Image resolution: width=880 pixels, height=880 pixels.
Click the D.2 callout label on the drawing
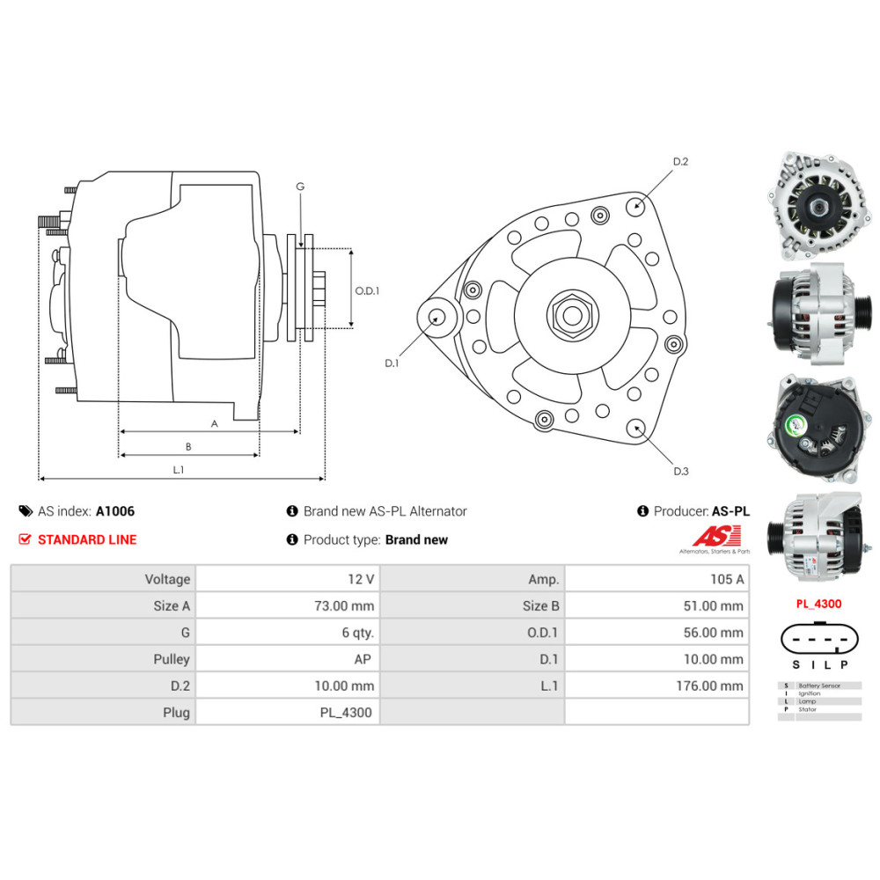[680, 162]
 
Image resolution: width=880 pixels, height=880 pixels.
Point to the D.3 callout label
[680, 472]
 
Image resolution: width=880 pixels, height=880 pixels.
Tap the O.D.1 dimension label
[366, 290]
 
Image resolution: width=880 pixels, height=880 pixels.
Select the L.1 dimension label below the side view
[178, 470]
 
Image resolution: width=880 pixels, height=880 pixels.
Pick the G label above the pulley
[300, 187]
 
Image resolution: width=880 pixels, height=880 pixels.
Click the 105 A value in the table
[726, 579]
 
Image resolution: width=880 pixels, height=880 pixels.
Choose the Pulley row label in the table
[171, 659]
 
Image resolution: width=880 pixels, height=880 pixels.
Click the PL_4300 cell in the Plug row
[346, 712]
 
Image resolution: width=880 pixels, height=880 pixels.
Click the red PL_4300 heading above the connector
[818, 604]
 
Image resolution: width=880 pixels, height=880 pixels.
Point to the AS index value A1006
[115, 510]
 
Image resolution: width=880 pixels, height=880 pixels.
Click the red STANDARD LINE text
[87, 539]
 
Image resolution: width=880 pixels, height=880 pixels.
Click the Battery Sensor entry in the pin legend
[818, 685]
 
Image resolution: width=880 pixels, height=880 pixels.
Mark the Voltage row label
[167, 579]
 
